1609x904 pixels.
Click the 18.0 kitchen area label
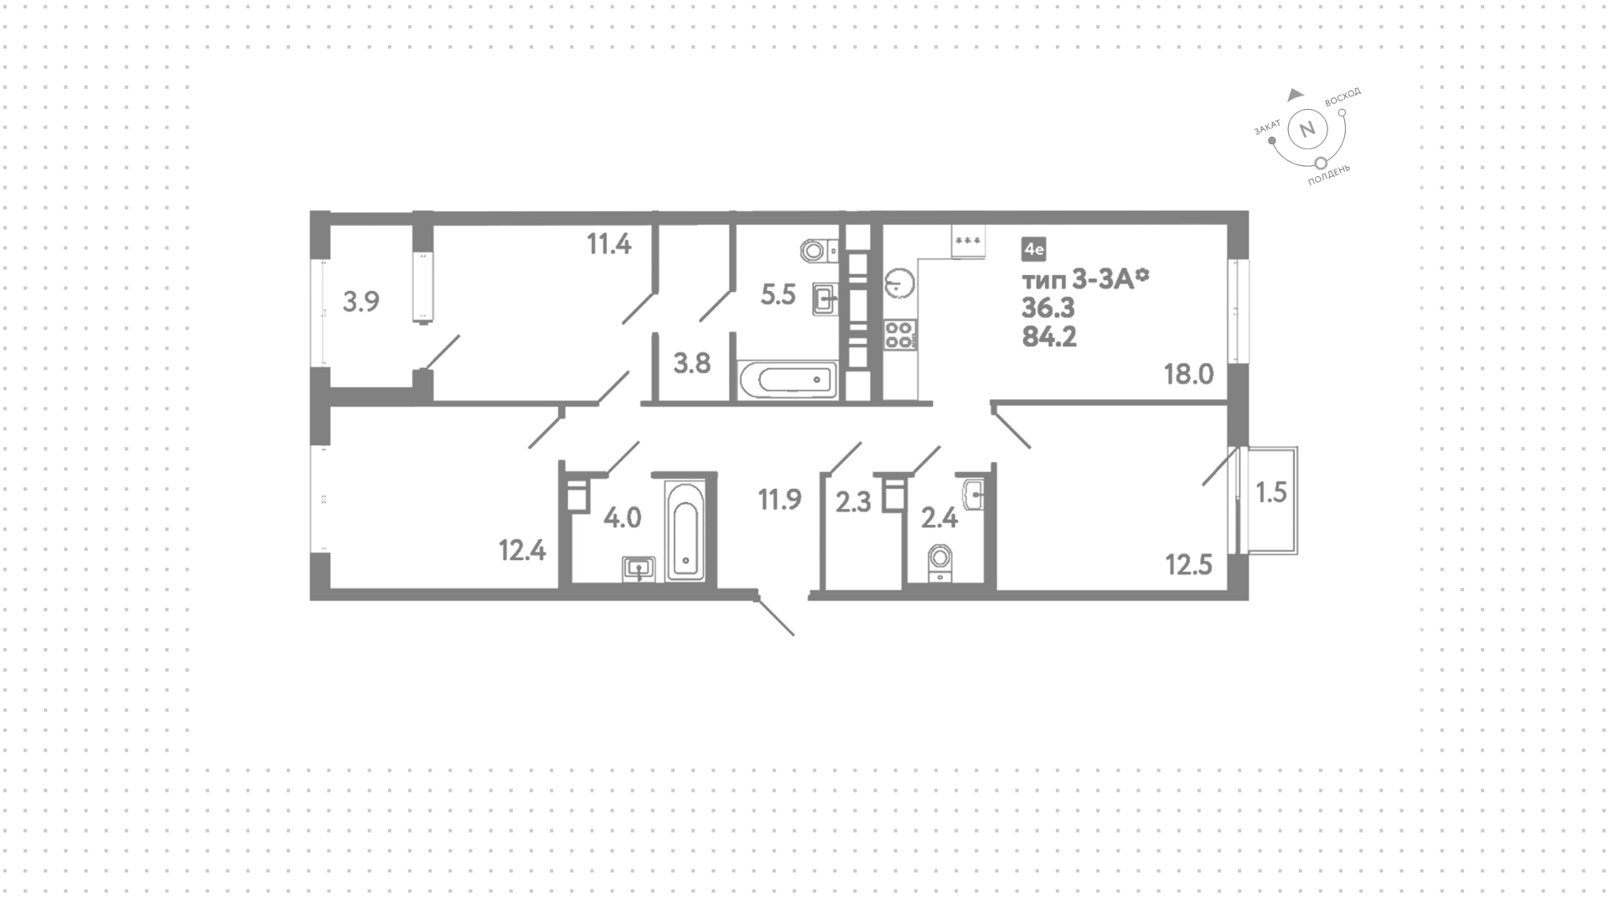1188,374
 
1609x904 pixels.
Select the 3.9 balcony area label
361,301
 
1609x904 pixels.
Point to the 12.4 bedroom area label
522,551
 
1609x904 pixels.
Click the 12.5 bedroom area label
1189,565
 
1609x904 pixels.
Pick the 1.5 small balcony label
1271,492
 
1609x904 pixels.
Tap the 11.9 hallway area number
780,500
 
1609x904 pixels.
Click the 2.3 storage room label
854,502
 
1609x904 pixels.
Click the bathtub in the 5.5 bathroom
788,381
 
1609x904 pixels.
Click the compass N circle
1306,130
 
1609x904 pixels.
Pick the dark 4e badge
1033,248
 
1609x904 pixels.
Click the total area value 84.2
1048,337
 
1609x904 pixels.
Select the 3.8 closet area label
692,363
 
